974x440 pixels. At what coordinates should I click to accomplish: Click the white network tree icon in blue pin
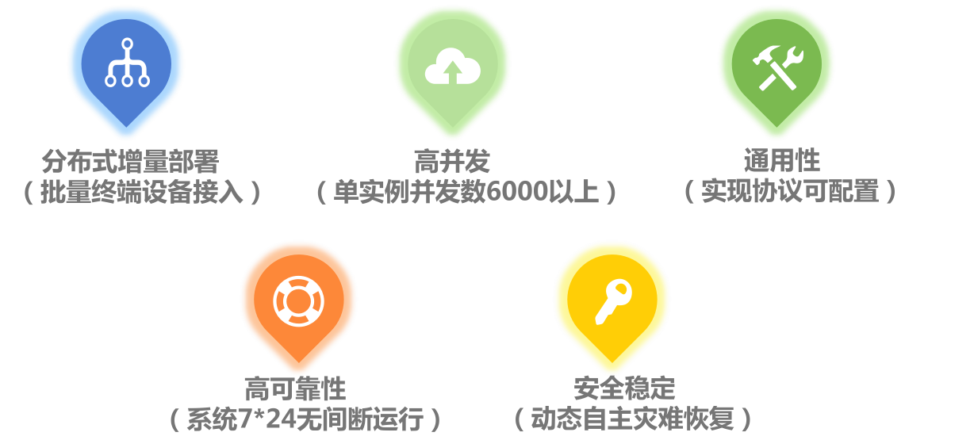(127, 63)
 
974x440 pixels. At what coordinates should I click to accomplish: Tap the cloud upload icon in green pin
(452, 67)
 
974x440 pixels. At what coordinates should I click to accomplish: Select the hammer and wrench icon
(777, 67)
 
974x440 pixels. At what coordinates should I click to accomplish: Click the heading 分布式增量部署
(130, 162)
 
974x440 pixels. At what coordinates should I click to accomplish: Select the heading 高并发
(452, 162)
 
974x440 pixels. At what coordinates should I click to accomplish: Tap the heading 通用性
(781, 162)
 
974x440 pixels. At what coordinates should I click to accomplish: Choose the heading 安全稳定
(624, 388)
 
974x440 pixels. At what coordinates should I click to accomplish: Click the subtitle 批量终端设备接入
(143, 193)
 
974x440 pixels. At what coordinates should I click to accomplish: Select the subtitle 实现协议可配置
(790, 192)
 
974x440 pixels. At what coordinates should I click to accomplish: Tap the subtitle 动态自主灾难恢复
(632, 419)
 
